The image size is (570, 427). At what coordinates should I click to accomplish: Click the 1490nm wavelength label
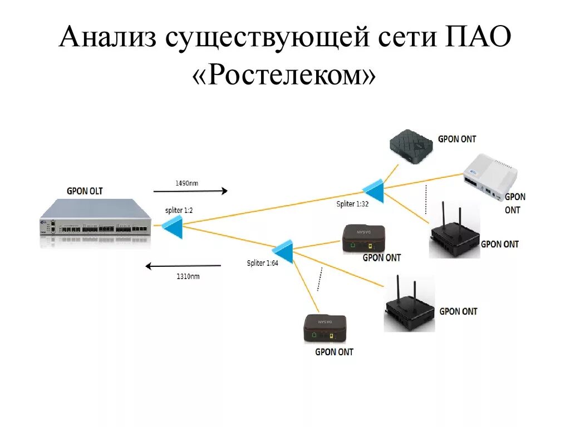(x=187, y=182)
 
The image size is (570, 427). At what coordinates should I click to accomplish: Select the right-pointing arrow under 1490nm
(x=193, y=191)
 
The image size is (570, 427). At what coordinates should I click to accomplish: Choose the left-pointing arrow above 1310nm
(x=183, y=266)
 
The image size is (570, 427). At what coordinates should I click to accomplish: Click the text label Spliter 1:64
(x=262, y=263)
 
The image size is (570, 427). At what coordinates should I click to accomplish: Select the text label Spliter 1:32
(x=352, y=204)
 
